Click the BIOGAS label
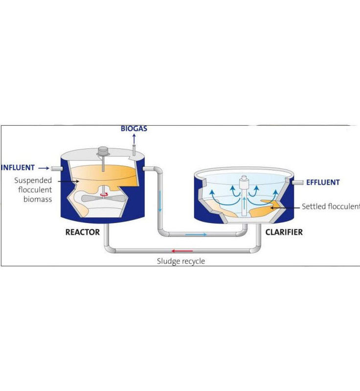pos(134,129)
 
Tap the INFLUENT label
pos(18,168)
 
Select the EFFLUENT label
pos(323,182)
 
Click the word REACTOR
pos(83,232)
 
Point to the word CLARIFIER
pos(284,232)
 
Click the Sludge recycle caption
pos(181,261)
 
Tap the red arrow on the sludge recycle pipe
pos(182,251)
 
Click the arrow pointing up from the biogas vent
pos(134,139)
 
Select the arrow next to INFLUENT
pos(44,168)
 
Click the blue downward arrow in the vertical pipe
pos(160,201)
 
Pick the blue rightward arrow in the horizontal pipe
pos(196,235)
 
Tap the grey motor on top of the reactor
pos(103,151)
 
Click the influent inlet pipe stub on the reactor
pos(57,169)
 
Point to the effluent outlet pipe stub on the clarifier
pos(297,182)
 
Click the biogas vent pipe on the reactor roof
pos(134,150)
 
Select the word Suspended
pos(33,180)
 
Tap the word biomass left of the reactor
pos(38,199)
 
